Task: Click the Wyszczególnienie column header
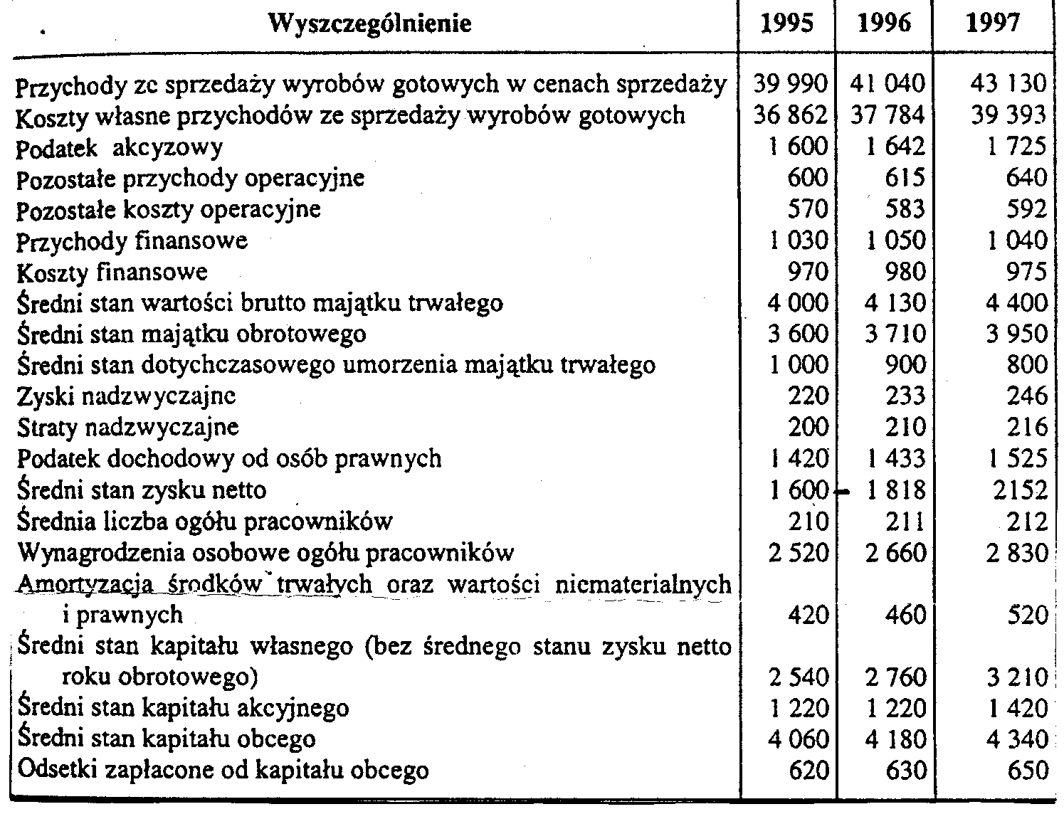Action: point(371,24)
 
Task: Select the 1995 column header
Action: point(786,24)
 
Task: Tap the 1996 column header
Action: point(884,24)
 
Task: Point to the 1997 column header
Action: point(993,24)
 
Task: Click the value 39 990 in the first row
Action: point(791,84)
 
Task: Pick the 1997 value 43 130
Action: point(1008,84)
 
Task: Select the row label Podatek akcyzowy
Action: point(120,147)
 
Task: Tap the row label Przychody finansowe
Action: point(132,241)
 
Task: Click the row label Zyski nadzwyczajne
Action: point(126,396)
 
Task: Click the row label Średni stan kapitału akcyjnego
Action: point(183,708)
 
